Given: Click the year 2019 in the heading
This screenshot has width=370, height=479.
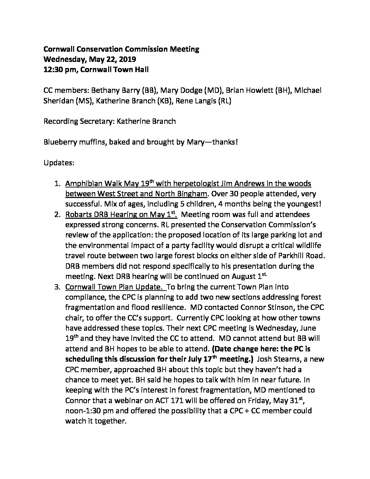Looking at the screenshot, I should pyautogui.click(x=127, y=60).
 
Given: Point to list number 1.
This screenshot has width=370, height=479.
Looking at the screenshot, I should pyautogui.click(x=57, y=184).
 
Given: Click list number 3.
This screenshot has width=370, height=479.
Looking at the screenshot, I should pyautogui.click(x=57, y=287).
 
